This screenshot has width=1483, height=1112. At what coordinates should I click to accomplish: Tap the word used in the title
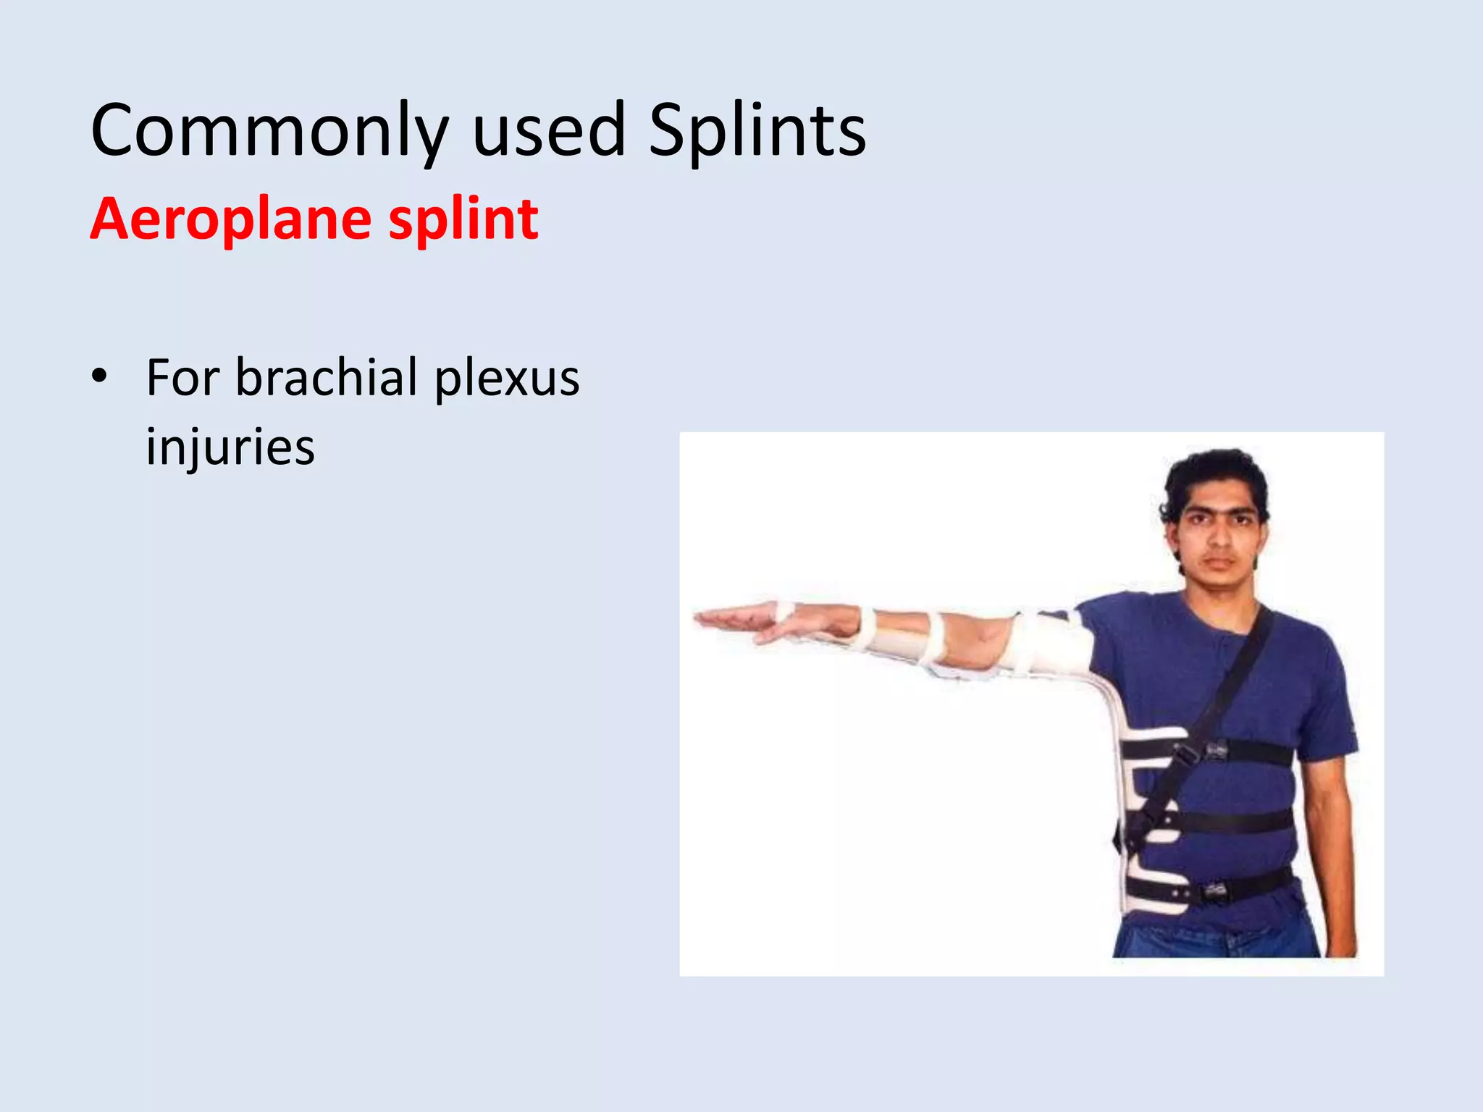tap(548, 130)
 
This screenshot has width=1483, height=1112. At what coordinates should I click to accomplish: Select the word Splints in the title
tap(757, 130)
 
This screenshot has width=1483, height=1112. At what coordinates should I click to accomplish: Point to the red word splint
tap(463, 219)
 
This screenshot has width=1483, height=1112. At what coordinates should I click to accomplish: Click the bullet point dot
tap(99, 376)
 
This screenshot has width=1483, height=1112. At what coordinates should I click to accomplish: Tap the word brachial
tap(327, 378)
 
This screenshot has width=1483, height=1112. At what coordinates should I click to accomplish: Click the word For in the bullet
tap(182, 378)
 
